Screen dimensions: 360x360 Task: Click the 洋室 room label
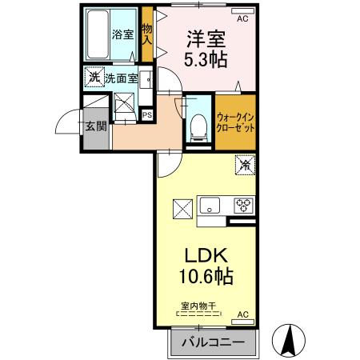coord(206,38)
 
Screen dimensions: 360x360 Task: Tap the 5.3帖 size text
coord(206,59)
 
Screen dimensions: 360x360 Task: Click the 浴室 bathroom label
coord(122,36)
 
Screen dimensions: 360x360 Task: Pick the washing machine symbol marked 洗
coord(94,78)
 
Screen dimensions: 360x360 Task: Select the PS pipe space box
coord(147,114)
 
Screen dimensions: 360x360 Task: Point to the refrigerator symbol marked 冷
coord(244,166)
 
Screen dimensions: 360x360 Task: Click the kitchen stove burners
coord(242,206)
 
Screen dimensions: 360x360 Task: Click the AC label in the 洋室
coord(243,17)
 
